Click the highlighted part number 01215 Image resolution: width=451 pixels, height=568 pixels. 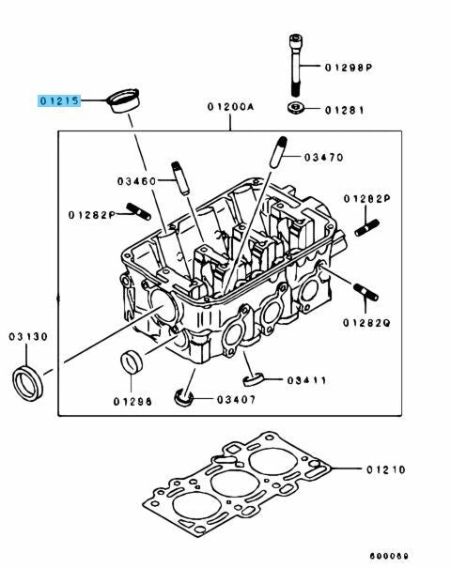[x=59, y=100]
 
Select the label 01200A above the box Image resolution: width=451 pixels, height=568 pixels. [x=231, y=107]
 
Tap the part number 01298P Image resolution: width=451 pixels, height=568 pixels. [x=349, y=68]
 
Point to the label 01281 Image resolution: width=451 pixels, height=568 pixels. [x=344, y=110]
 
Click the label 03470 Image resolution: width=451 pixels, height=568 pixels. [x=323, y=158]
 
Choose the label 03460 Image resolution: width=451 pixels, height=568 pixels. [x=136, y=181]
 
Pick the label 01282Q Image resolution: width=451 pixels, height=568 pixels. [x=366, y=323]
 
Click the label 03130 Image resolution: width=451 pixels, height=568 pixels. [x=28, y=337]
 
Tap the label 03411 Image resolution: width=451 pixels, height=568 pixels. [x=306, y=380]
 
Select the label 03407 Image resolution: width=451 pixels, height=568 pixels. [x=237, y=400]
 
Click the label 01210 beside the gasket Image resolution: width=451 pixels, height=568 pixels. [x=386, y=469]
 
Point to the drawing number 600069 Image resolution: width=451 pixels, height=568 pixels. [x=389, y=556]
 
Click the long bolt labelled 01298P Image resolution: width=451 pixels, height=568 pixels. [x=295, y=65]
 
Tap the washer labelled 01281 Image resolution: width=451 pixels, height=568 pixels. [x=294, y=108]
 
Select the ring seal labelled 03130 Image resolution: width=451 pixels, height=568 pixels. [x=28, y=383]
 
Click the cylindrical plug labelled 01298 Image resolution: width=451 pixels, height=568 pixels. [x=132, y=361]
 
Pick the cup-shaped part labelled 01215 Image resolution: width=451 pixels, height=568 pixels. [x=124, y=100]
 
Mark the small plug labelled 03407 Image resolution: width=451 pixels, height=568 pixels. [x=184, y=397]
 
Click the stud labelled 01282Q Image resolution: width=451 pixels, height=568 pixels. [x=365, y=293]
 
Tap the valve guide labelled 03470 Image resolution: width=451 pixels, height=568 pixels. [x=278, y=152]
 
